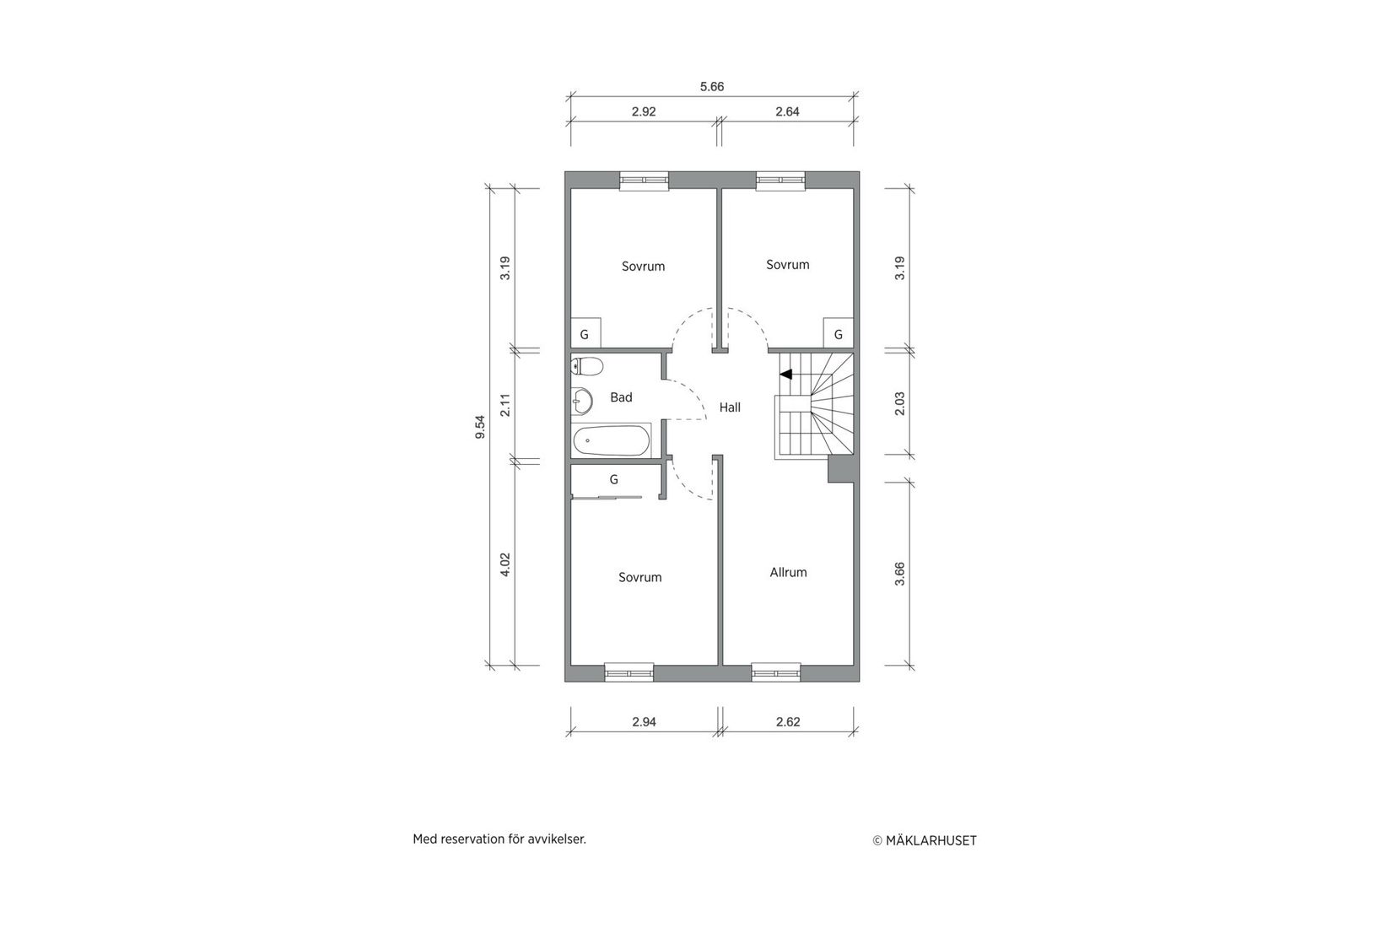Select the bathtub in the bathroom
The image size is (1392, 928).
click(612, 440)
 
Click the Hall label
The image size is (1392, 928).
click(730, 407)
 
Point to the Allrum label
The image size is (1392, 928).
click(788, 572)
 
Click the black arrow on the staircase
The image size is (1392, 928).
click(785, 374)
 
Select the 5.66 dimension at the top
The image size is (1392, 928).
click(712, 86)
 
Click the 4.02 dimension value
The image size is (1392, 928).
click(505, 564)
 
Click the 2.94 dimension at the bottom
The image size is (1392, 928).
click(644, 722)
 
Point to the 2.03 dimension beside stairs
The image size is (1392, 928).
click(899, 403)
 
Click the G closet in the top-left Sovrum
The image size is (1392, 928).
click(585, 334)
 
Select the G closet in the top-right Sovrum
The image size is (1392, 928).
click(838, 334)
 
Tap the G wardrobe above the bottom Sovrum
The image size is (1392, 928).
click(614, 479)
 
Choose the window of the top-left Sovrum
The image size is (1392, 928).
click(644, 180)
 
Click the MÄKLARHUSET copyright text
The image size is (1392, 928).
click(925, 840)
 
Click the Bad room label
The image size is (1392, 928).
click(621, 397)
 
